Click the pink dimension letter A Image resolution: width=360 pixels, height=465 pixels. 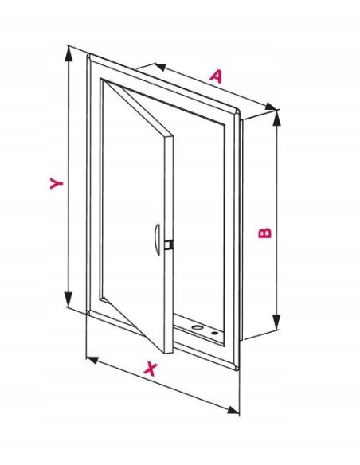[x=216, y=76]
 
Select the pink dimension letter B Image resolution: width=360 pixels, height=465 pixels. [x=264, y=232]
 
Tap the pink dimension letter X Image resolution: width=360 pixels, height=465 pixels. [x=151, y=369]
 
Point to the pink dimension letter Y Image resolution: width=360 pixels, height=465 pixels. [x=57, y=183]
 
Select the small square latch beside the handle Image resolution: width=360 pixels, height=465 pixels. [x=169, y=244]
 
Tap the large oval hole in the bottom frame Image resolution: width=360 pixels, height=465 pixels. [x=197, y=327]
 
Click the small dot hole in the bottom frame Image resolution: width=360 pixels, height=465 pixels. [x=214, y=333]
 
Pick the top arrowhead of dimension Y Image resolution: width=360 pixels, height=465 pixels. [x=68, y=54]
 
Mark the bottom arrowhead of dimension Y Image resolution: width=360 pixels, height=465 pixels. [x=68, y=299]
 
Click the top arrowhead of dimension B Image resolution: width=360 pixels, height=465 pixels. [x=276, y=118]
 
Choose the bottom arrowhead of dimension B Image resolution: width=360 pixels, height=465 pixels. [x=276, y=322]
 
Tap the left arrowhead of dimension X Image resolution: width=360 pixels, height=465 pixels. [x=92, y=360]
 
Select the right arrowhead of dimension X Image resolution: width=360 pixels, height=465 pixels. [x=233, y=410]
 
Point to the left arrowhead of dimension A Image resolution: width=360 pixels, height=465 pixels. [x=160, y=67]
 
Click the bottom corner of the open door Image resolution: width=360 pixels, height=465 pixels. [x=166, y=354]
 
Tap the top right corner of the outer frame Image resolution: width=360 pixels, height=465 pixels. [x=239, y=111]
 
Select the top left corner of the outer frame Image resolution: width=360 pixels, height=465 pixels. [x=88, y=55]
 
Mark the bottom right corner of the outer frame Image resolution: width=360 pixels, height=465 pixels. [x=238, y=370]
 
